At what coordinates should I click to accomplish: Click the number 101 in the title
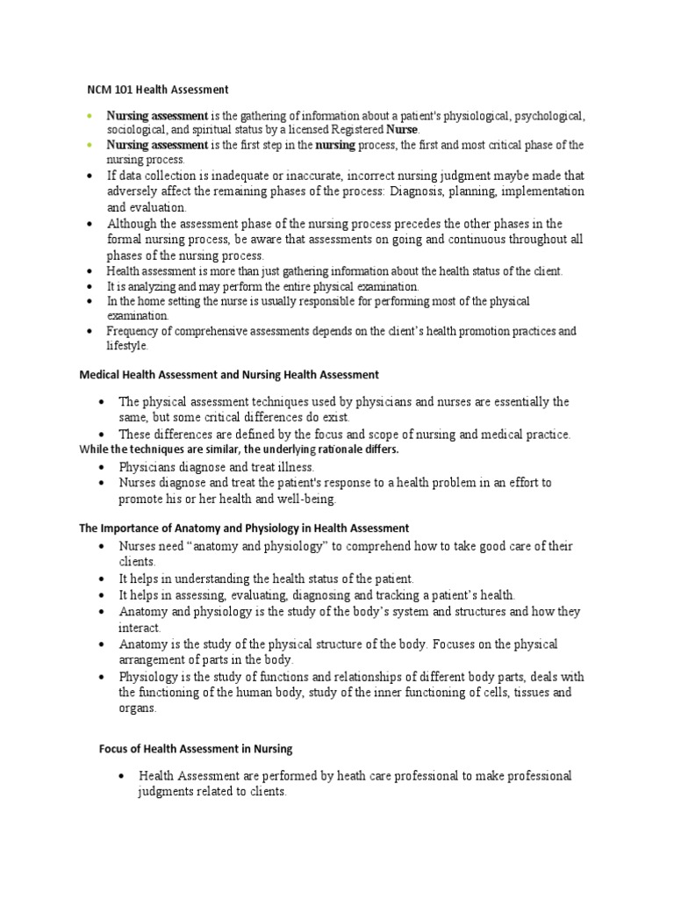pos(128,90)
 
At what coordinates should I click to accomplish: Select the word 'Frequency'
pos(133,331)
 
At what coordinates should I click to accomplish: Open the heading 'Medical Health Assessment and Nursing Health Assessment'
pos(229,375)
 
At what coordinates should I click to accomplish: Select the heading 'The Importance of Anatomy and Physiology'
pos(244,529)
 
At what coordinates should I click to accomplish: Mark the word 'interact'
pos(140,628)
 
